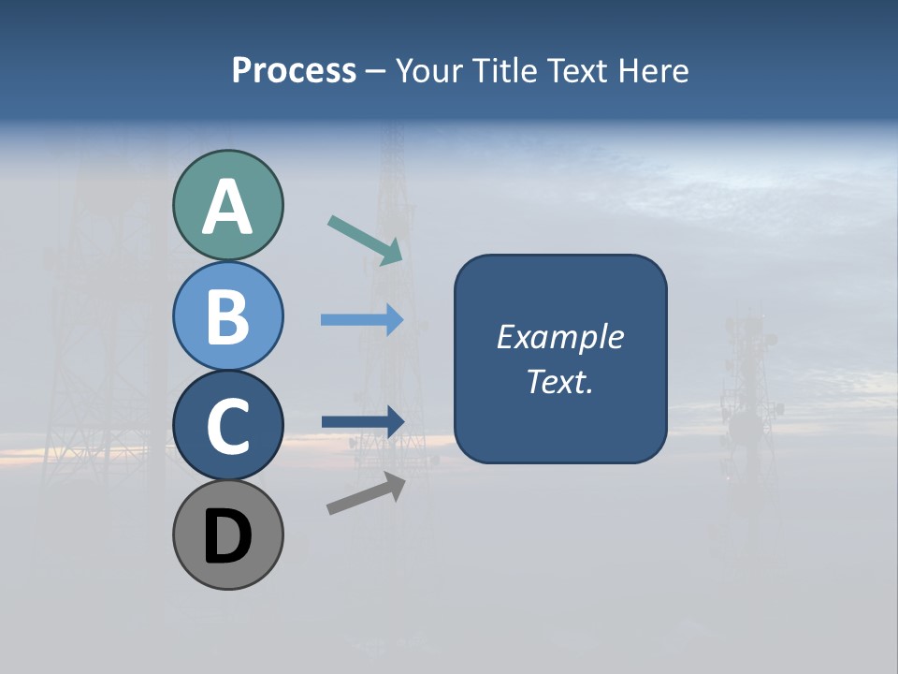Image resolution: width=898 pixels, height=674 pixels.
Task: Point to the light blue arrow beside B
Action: point(362,320)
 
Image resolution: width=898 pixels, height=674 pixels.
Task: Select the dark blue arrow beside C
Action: point(362,421)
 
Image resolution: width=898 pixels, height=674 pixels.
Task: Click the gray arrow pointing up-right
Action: point(366,492)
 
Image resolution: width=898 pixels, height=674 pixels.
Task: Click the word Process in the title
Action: point(294,71)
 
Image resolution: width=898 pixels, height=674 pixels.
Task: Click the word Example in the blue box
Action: point(559,337)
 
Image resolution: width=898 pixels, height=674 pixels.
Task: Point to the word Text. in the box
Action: point(559,381)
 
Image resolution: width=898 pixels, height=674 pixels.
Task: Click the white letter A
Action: point(227,207)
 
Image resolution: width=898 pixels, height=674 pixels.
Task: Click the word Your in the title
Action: point(429,71)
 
